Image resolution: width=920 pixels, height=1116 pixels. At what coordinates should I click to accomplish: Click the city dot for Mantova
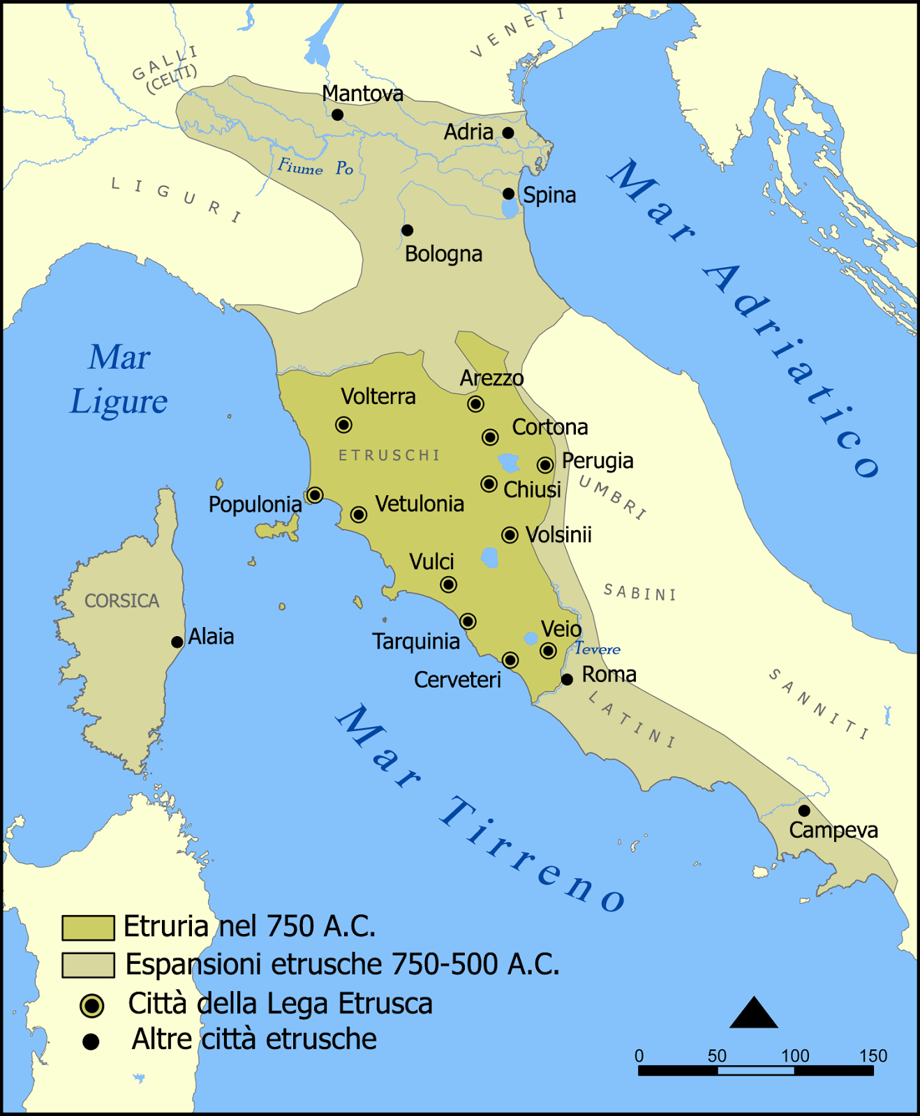(x=337, y=114)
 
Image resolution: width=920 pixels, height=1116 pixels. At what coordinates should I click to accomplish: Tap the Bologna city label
(x=443, y=254)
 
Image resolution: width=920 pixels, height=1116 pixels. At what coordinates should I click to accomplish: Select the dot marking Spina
(x=509, y=194)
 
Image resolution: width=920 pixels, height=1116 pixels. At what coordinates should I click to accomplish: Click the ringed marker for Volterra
(x=343, y=425)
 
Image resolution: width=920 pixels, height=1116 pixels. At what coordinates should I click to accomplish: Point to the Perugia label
(x=598, y=461)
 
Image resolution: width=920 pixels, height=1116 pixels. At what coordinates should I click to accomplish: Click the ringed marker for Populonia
(x=315, y=495)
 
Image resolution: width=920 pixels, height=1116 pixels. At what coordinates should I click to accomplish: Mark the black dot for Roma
(x=567, y=679)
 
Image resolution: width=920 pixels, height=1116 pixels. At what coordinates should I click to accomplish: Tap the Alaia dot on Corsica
(x=177, y=642)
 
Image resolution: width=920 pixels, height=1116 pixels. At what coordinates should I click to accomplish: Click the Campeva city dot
(x=804, y=810)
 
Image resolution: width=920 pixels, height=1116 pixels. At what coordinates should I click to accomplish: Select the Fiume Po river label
(x=316, y=168)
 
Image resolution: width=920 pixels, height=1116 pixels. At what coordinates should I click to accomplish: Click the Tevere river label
(x=597, y=649)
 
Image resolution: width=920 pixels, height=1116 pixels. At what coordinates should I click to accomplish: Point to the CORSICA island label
(x=121, y=601)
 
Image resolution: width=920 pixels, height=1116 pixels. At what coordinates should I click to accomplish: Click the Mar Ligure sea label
(x=119, y=379)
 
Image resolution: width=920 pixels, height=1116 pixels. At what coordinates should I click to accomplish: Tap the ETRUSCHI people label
(x=389, y=455)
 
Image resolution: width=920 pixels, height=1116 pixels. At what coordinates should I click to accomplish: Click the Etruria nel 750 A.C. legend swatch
(x=88, y=928)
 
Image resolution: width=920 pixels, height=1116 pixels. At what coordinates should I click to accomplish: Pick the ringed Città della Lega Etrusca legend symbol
(x=91, y=1006)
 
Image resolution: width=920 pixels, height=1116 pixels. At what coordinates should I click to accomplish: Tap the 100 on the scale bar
(x=794, y=1055)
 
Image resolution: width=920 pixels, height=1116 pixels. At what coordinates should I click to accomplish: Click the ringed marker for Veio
(x=549, y=651)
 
